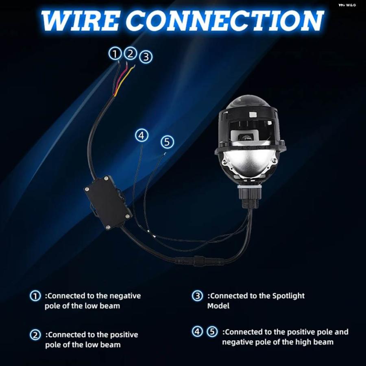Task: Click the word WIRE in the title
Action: click(80, 21)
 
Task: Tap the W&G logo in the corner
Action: click(347, 5)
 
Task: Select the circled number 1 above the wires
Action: click(115, 54)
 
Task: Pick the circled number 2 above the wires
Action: click(131, 53)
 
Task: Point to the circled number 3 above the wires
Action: click(146, 57)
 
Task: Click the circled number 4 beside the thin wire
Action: click(142, 135)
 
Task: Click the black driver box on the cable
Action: click(108, 202)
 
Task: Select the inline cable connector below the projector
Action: click(199, 261)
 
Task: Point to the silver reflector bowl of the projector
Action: click(249, 161)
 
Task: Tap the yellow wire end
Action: click(134, 67)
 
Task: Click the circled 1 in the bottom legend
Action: click(35, 296)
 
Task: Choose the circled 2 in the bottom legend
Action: click(35, 335)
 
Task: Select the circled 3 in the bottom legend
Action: click(198, 296)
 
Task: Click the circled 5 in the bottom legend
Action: click(212, 331)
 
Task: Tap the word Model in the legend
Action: click(218, 306)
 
